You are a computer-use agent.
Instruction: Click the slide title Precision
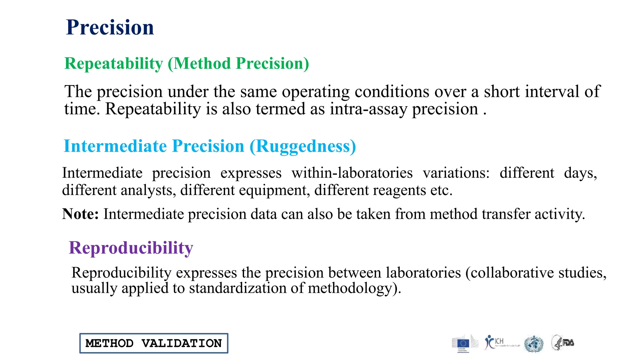110,27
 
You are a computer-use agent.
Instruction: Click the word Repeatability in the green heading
113,64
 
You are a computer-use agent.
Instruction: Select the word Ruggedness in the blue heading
302,146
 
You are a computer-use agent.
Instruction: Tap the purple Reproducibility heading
131,248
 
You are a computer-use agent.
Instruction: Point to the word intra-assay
368,109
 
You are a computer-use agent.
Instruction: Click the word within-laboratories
352,173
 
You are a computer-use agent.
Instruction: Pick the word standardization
237,288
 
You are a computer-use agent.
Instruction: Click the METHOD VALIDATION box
154,343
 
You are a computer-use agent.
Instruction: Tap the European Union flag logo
463,343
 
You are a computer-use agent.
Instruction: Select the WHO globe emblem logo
534,344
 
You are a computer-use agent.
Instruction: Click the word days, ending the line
580,173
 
